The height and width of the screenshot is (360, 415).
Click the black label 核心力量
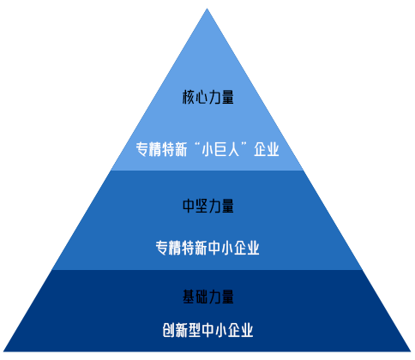coord(208,97)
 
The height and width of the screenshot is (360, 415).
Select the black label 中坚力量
coord(208,206)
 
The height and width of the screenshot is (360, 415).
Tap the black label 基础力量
coord(208,297)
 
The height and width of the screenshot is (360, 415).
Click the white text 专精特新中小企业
coord(207,248)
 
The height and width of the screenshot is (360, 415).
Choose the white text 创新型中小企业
coord(207,330)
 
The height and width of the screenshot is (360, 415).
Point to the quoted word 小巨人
coord(220,149)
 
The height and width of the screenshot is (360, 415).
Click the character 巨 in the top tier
coord(220,149)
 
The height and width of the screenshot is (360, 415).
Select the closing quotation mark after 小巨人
coord(244,144)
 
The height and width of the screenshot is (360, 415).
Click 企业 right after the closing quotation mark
coord(267,149)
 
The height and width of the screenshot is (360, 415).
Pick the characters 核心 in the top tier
coord(195,97)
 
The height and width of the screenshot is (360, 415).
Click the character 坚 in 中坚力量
coord(201,206)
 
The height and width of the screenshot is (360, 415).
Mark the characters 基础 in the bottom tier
coord(195,297)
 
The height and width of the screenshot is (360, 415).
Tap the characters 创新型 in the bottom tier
coord(182,330)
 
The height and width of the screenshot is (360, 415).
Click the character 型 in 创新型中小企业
coord(195,330)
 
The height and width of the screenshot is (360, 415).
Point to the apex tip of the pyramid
coord(207,9)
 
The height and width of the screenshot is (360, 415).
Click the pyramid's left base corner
coord(3,351)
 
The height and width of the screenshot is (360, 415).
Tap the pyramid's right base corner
coord(411,351)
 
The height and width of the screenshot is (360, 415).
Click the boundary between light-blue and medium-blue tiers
coord(207,171)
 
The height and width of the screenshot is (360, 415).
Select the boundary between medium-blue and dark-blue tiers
coord(207,270)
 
